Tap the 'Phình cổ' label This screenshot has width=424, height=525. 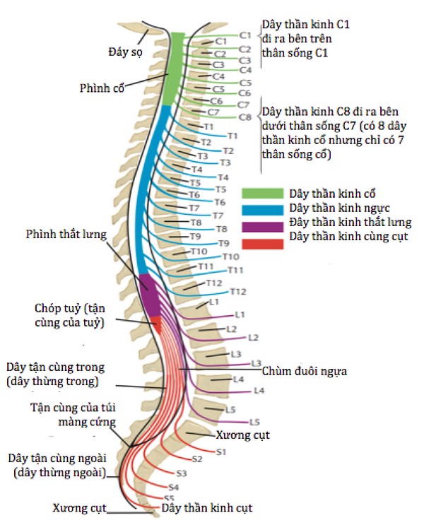[100, 88]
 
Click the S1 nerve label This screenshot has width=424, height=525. [220, 451]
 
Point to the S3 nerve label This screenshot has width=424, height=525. [182, 473]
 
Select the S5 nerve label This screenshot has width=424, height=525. [169, 498]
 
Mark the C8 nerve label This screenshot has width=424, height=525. [245, 117]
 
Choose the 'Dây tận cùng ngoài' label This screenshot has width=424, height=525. [59, 466]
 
